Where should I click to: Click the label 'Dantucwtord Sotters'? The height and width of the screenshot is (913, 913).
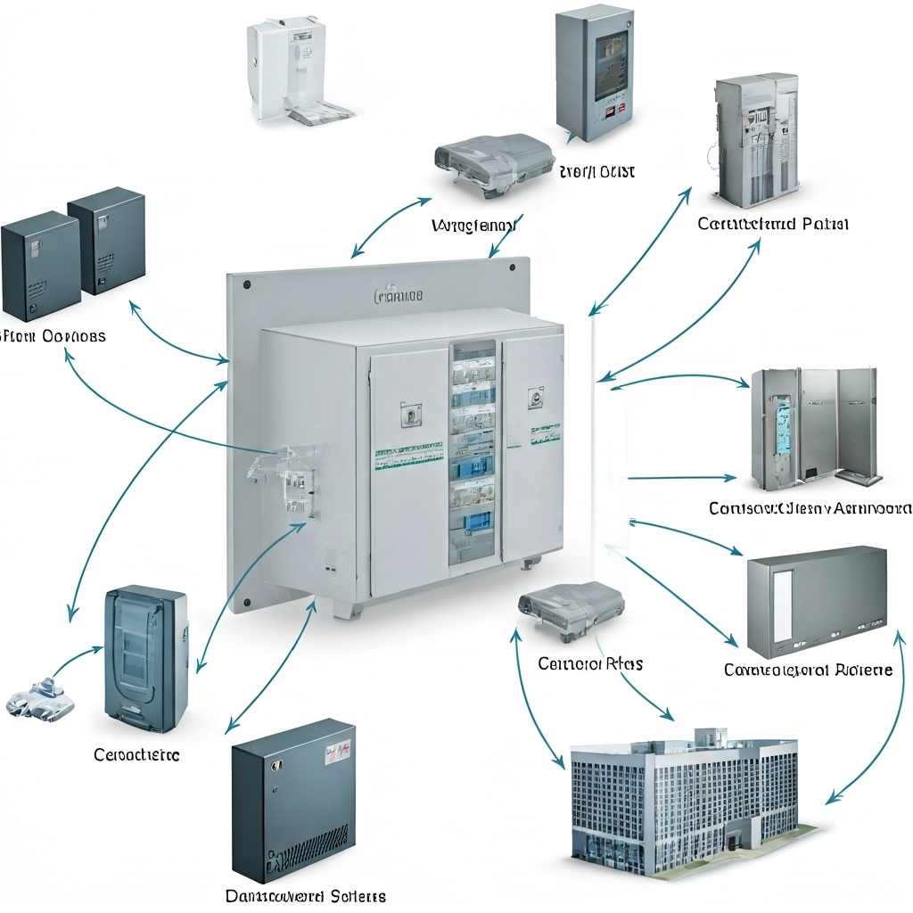pos(305,895)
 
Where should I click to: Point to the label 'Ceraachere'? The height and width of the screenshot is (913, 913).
pos(136,755)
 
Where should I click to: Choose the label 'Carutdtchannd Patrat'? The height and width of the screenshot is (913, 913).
pos(773,223)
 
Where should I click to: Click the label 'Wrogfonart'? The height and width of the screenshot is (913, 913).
pos(473,226)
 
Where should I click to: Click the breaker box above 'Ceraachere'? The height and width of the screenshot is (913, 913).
pos(145,657)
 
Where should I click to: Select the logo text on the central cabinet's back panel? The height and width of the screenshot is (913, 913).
pos(399,294)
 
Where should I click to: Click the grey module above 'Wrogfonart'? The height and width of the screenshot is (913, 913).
pos(492,163)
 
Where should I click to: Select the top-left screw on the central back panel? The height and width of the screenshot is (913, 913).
pos(246,285)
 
